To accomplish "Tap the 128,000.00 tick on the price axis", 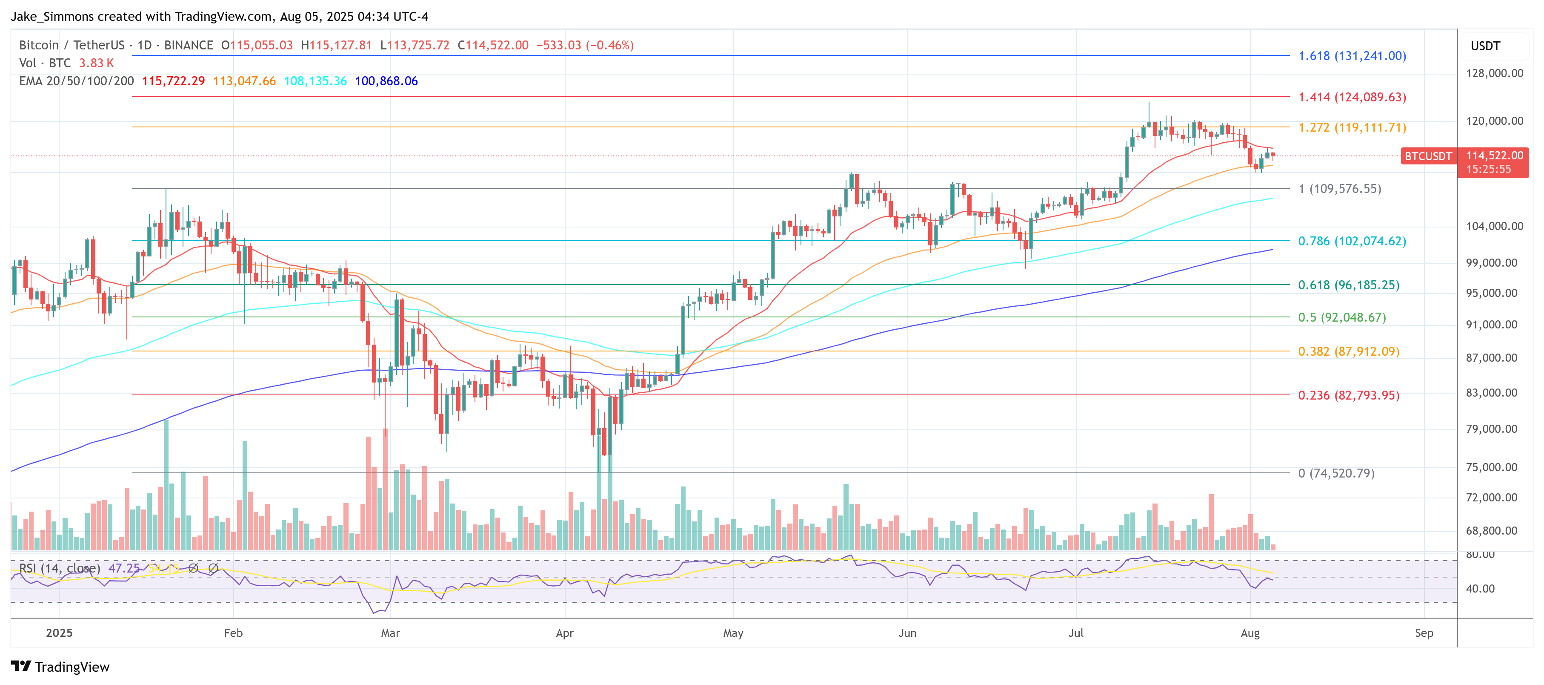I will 1494,73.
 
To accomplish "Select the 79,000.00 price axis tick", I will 1491,429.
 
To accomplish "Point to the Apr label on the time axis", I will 565,633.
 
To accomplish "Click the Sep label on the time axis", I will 1424,633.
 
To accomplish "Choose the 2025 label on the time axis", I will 59,633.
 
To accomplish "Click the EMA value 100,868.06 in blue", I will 386,81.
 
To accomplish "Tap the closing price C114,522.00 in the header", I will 493,45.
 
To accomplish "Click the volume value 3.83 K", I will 96,63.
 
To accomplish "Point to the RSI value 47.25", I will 123,568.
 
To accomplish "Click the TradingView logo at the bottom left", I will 60,667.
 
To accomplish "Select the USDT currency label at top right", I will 1485,46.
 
